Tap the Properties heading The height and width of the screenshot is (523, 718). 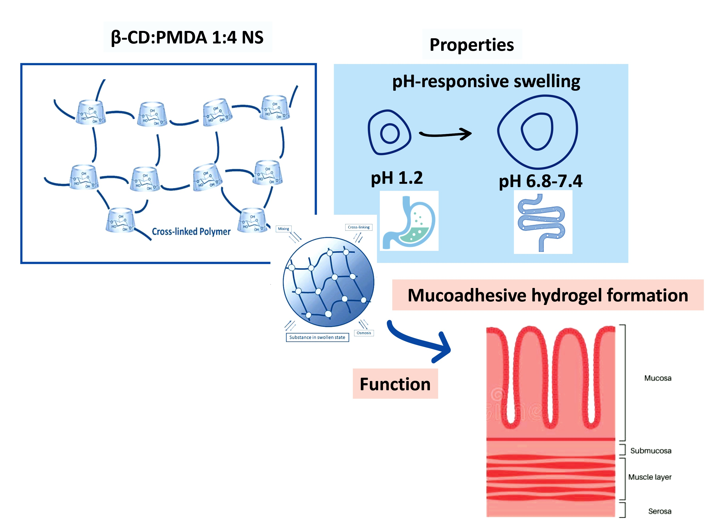pos(471,45)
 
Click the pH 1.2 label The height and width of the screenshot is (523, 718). pos(397,178)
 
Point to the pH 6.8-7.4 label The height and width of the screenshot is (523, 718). pos(540,181)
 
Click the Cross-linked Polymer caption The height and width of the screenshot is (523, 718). pos(191,231)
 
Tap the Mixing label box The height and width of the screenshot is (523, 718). pos(283,229)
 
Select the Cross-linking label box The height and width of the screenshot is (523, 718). pos(359,227)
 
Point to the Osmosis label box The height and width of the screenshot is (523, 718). pos(364,333)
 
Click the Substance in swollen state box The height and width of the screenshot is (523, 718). pos(317,337)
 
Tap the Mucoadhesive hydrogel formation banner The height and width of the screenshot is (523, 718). pos(548,295)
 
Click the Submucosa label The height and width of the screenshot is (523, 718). pos(650,450)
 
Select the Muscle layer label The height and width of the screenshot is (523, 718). pos(650,477)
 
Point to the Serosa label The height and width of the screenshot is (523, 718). pos(659,511)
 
